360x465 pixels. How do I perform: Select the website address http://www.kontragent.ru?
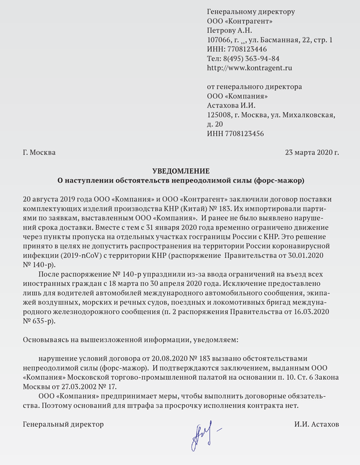[249, 67]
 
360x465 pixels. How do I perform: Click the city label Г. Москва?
[40, 153]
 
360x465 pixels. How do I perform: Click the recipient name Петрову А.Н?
[228, 30]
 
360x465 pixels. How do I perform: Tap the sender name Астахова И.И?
[230, 105]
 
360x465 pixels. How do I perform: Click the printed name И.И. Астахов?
[317, 424]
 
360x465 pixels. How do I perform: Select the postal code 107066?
[218, 40]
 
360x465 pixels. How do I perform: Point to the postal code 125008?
[218, 115]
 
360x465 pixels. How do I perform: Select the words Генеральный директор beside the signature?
[63, 424]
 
